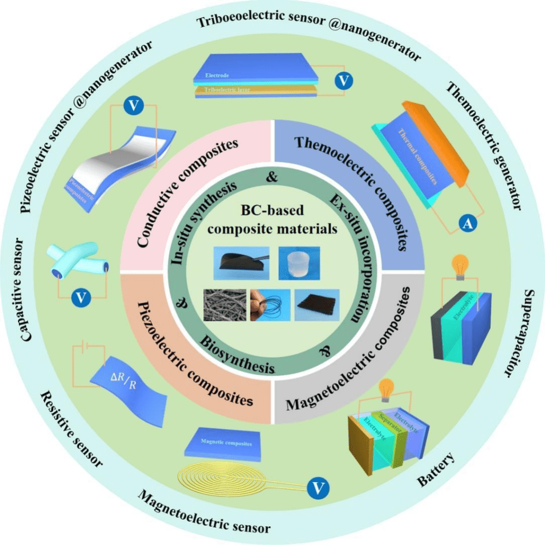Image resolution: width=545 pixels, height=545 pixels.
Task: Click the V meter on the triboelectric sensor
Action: tap(344, 81)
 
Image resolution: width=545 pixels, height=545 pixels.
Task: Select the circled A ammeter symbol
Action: tap(467, 225)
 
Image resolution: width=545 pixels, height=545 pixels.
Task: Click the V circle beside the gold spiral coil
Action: tap(318, 486)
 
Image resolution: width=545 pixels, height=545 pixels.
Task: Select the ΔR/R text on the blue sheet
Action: tap(123, 380)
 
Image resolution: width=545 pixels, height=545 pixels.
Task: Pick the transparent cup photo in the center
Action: tap(299, 262)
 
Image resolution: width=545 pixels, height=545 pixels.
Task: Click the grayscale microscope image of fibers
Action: tap(225, 304)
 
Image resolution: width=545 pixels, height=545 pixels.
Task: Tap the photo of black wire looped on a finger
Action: tap(270, 304)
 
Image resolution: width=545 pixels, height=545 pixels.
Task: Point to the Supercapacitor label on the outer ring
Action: tap(514, 333)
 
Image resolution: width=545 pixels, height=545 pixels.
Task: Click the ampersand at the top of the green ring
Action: tap(272, 178)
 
